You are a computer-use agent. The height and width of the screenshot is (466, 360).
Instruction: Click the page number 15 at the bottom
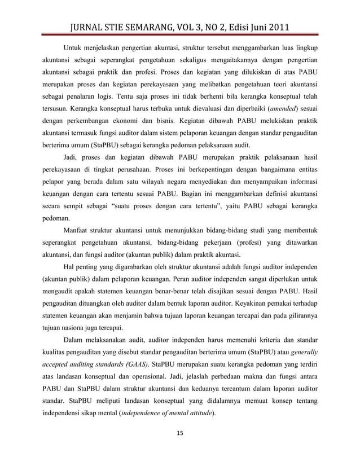[180, 433]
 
